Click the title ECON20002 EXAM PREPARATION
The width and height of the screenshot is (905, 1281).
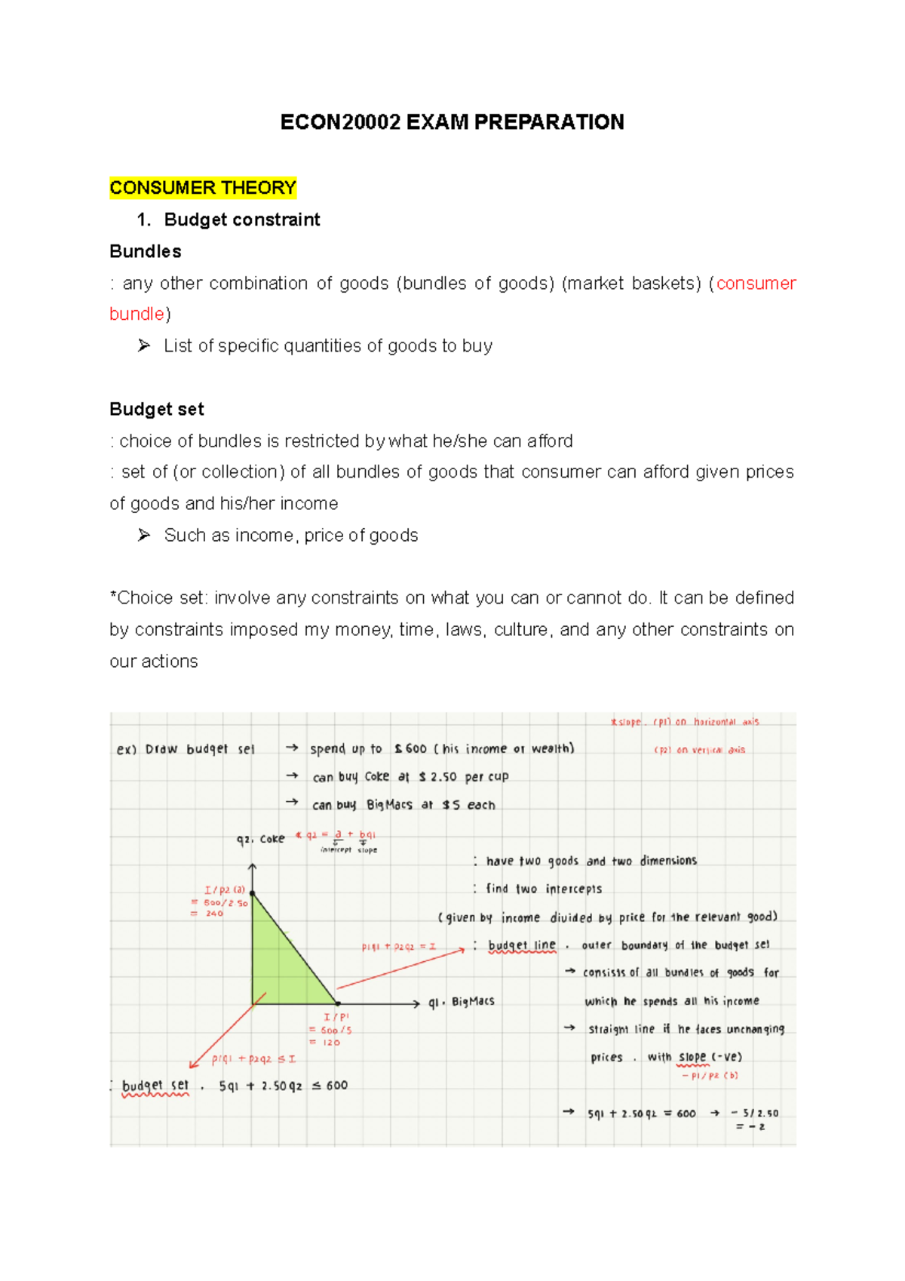[x=452, y=122]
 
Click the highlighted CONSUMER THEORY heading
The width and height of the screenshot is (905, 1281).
[x=202, y=188]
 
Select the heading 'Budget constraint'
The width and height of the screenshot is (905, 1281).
[x=241, y=220]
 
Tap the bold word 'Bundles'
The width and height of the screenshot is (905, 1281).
[x=146, y=251]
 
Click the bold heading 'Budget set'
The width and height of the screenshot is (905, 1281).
[x=157, y=409]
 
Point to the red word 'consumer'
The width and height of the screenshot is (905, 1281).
[x=756, y=283]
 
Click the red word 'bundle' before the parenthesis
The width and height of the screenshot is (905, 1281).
[x=137, y=314]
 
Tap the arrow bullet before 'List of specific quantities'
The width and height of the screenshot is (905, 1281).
[x=144, y=346]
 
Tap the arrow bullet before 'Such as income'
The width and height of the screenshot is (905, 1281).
[x=144, y=535]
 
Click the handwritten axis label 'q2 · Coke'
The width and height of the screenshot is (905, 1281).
[x=260, y=839]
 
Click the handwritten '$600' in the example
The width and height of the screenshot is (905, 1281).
[x=411, y=748]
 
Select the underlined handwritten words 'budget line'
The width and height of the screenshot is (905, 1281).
[x=522, y=945]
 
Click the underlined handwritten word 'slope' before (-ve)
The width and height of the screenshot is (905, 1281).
[x=692, y=1057]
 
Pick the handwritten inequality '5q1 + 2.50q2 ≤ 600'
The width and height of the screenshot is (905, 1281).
[x=283, y=1086]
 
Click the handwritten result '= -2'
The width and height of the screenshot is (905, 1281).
[x=751, y=1126]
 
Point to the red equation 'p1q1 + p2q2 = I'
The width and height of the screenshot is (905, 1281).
[x=398, y=946]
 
